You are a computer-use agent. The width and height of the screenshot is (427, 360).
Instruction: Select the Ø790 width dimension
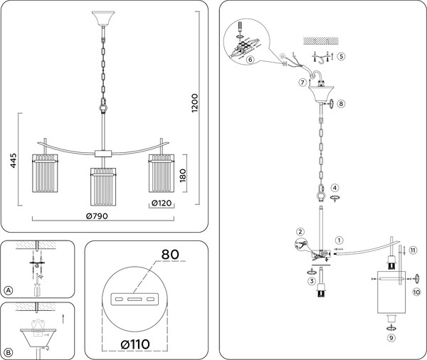click(x=101, y=216)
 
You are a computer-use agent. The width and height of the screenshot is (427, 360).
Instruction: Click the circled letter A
click(x=9, y=290)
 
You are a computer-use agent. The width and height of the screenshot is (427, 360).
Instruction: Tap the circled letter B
click(x=9, y=351)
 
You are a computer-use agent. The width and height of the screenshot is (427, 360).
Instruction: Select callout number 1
click(x=339, y=240)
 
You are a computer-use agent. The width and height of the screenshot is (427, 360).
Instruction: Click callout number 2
click(x=300, y=231)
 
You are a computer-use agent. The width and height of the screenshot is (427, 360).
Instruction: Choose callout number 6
click(x=251, y=59)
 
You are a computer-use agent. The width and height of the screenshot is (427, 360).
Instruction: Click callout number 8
click(x=341, y=104)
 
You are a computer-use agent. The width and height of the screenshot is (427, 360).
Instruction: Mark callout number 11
click(x=413, y=249)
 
